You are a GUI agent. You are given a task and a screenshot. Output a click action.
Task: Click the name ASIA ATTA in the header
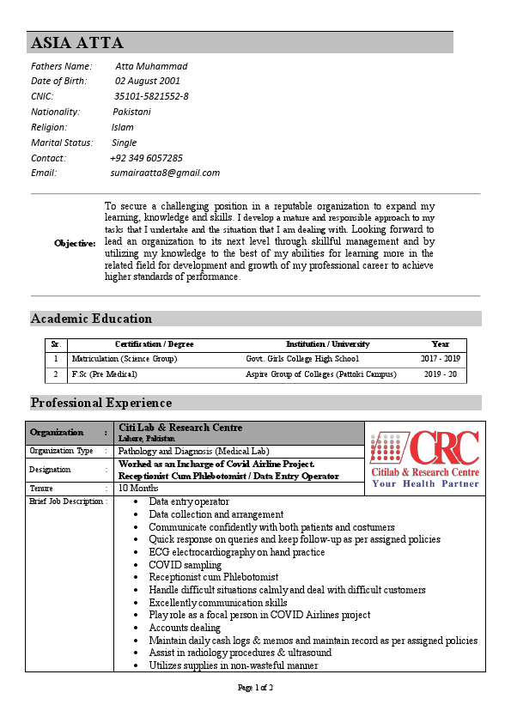[77, 43]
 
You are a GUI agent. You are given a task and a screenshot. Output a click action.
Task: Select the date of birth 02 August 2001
[147, 81]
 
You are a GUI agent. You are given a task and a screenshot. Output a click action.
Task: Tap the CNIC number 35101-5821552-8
[151, 96]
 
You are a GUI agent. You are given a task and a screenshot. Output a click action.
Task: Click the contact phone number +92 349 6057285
[146, 158]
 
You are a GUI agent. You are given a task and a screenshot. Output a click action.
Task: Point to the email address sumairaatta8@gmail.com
[165, 173]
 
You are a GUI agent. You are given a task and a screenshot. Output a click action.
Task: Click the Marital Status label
[61, 143]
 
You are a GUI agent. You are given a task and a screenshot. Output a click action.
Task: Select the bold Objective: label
[75, 243]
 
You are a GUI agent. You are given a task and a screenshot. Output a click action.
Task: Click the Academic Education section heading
[91, 319]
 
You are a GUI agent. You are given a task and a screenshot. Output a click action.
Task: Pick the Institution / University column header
[327, 344]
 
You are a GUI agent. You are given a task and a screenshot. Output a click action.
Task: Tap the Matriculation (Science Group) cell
[124, 359]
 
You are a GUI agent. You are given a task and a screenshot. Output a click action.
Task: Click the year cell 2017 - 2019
[440, 359]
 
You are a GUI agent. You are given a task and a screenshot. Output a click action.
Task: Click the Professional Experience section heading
[101, 403]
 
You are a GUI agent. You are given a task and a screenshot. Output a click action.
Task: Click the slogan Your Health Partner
[425, 483]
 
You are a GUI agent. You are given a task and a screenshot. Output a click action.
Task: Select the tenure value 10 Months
[137, 488]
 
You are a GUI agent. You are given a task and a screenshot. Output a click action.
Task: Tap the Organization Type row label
[61, 451]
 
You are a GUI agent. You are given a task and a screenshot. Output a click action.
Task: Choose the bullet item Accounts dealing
[185, 628]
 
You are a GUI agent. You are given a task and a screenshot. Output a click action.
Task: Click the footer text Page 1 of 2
[255, 688]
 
